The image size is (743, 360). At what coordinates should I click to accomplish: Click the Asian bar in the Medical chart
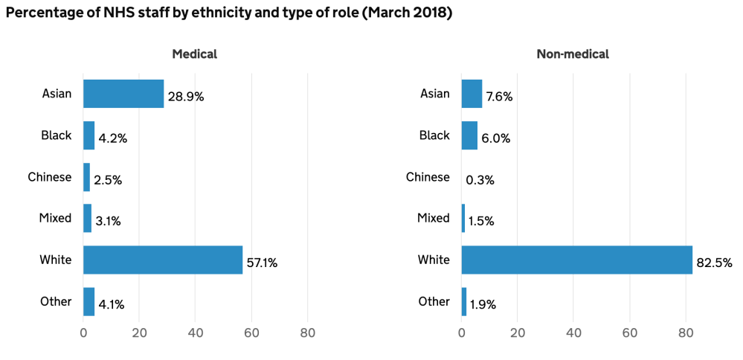tap(123, 94)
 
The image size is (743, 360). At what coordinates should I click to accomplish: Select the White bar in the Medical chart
tap(163, 260)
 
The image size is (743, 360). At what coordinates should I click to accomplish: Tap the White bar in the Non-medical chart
tap(576, 260)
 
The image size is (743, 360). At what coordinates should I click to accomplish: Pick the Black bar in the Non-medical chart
tap(469, 135)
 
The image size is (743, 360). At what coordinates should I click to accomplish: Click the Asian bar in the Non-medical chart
tap(472, 94)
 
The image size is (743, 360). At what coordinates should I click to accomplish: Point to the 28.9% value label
tap(185, 97)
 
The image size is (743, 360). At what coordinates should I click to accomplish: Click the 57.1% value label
tap(262, 263)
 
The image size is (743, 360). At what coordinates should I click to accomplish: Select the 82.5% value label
tap(714, 263)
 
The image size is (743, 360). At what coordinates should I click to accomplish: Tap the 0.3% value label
tap(480, 180)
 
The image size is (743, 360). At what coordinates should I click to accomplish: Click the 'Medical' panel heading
tap(194, 54)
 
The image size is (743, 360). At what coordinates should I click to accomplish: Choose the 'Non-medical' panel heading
tap(573, 54)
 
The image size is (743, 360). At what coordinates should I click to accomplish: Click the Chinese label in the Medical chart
tap(49, 177)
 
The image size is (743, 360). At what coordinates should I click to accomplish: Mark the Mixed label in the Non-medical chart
tap(434, 218)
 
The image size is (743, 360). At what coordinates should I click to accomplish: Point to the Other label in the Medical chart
tap(57, 301)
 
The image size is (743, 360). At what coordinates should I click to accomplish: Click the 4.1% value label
tap(110, 304)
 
